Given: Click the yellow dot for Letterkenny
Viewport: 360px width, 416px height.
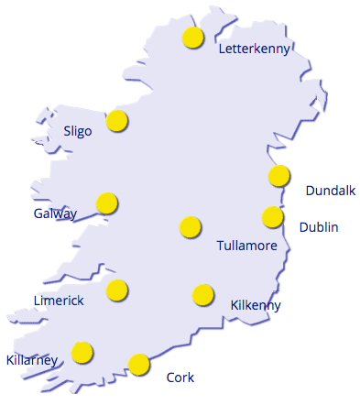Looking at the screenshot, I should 192,38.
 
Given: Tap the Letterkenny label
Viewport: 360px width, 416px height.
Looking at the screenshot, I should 254,49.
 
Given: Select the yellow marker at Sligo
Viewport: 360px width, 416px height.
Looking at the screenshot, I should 116,120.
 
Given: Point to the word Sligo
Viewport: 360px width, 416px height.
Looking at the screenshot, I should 78,131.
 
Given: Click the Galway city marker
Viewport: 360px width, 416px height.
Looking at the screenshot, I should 107,203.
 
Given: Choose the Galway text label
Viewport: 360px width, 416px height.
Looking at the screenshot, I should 55,213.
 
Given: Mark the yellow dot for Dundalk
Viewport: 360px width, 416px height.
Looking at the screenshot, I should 278,175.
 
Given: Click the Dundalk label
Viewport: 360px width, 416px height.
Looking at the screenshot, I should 330,191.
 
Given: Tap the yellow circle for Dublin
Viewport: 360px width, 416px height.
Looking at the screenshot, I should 272,217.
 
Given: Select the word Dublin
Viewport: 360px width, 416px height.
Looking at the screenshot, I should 319,227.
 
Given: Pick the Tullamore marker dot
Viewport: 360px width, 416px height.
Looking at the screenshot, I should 190,226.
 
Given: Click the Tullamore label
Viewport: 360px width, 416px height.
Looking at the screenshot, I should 247,246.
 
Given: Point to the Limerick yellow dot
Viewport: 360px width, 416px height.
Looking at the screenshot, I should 116,290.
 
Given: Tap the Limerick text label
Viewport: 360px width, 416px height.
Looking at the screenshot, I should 59,301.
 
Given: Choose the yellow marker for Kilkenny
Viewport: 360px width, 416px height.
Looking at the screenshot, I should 202,294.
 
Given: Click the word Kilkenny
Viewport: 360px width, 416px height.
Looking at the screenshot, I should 256,305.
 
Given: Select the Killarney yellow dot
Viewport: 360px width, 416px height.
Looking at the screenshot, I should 82,352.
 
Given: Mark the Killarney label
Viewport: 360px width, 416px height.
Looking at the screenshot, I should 32,360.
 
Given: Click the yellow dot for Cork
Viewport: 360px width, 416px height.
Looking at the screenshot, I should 139,364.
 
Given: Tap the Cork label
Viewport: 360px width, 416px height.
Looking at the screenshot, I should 180,378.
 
